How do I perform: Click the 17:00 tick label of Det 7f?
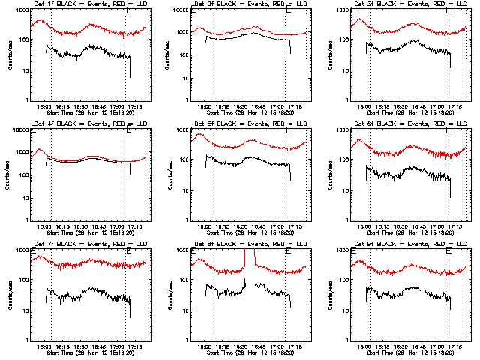[x=117, y=348]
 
